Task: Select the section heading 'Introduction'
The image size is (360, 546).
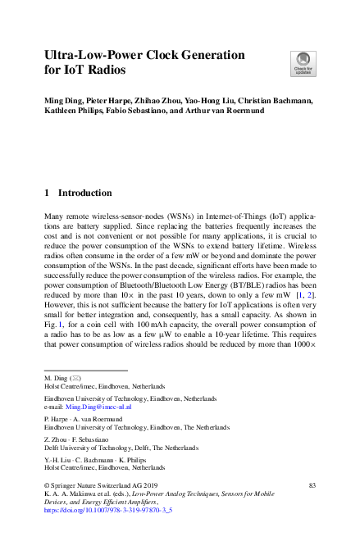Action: click(x=84, y=193)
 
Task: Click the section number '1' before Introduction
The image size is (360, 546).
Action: click(x=47, y=193)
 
